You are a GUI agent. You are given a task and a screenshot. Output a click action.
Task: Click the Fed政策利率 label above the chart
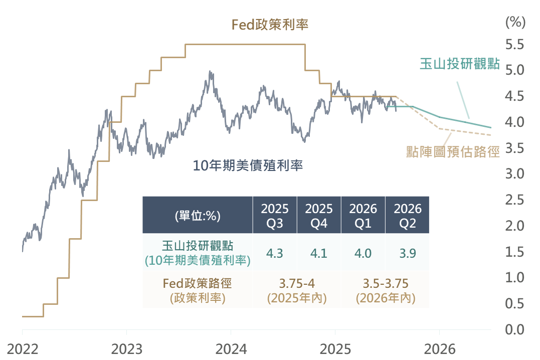270,25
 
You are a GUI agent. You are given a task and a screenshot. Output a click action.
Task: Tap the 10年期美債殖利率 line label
248,165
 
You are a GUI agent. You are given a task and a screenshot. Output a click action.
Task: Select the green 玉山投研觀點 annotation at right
460,64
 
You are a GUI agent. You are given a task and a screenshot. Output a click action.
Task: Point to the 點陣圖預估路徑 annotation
453,151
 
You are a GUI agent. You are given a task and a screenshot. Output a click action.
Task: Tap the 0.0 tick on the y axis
514,329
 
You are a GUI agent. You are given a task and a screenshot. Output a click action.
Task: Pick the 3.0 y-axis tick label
514,174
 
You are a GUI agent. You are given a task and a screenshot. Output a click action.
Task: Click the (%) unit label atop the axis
515,22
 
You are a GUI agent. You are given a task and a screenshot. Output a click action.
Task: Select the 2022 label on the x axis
23,348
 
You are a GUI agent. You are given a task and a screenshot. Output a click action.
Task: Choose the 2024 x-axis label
231,348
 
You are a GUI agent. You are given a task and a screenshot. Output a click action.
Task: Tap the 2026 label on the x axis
439,348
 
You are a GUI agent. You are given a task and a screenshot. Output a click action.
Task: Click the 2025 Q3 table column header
275,216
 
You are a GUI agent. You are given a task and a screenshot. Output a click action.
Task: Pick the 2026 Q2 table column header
407,216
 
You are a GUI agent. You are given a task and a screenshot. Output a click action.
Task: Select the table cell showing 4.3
275,253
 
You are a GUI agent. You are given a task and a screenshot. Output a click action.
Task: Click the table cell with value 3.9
407,253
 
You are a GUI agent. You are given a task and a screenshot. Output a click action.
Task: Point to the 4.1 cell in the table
319,253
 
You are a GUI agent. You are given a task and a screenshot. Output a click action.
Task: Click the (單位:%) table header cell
198,216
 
